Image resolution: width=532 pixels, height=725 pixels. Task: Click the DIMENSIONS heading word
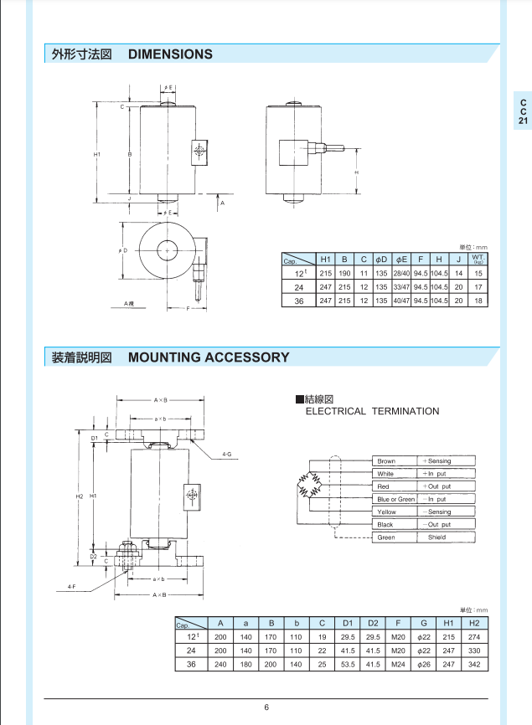[170, 54]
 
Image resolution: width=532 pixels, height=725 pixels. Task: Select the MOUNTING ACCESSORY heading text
[209, 357]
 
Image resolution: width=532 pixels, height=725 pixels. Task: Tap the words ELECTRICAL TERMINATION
[372, 411]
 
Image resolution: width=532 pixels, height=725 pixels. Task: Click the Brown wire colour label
[386, 461]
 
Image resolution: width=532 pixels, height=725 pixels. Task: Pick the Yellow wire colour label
[386, 512]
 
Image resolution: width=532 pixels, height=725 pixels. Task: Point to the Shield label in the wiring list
[437, 537]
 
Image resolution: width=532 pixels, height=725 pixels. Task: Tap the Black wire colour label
[385, 525]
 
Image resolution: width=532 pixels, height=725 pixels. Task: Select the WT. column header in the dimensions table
[478, 260]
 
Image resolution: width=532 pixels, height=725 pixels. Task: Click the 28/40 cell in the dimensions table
[401, 274]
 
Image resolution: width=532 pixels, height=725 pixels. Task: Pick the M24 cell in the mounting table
[399, 664]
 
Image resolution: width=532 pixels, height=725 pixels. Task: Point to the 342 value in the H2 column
[474, 664]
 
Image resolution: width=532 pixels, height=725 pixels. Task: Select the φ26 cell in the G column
[424, 664]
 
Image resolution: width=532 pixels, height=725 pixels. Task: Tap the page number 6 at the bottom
[266, 708]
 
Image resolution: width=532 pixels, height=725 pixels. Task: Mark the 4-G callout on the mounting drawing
[226, 455]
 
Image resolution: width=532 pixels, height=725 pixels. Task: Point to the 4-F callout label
[73, 587]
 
